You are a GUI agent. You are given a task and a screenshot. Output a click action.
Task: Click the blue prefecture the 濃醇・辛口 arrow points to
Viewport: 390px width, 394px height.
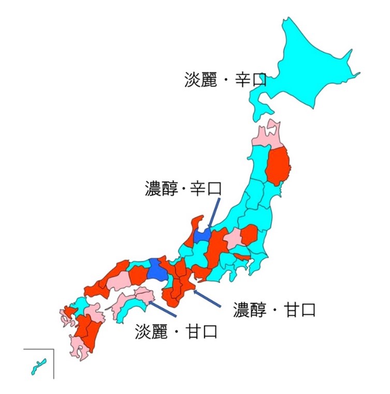(x=202, y=235)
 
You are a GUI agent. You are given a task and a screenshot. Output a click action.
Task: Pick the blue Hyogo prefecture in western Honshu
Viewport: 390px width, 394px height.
(x=155, y=270)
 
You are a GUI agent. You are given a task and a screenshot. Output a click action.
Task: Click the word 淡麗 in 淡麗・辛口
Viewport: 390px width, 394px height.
(x=201, y=80)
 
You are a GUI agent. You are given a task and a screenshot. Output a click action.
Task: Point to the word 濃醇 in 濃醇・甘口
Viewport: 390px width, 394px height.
(x=250, y=310)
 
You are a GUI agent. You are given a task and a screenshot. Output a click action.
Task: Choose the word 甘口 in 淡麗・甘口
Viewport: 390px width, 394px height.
(x=200, y=331)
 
